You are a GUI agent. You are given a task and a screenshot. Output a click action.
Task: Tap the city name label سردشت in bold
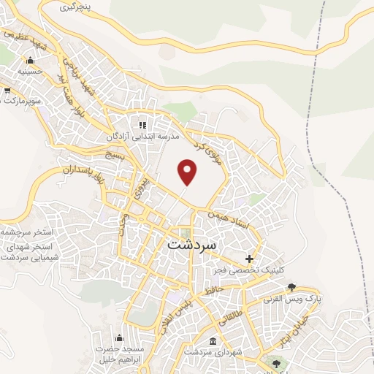coord(191,246)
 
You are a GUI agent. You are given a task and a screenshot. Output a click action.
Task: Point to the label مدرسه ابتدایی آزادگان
coord(143,136)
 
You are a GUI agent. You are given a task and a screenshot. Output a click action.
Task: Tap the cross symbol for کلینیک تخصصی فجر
coord(250,259)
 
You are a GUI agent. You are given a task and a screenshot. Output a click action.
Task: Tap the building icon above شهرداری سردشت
coord(213,341)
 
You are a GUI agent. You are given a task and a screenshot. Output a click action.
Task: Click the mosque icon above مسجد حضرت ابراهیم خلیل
coord(118,338)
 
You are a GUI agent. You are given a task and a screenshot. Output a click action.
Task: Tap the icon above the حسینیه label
coord(30,61)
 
